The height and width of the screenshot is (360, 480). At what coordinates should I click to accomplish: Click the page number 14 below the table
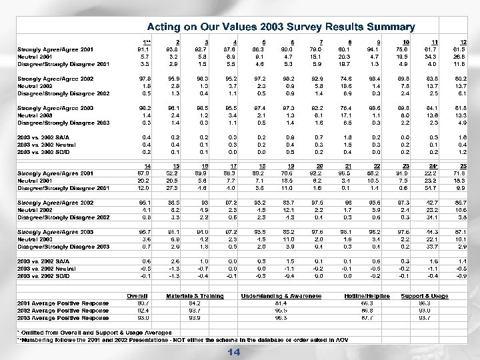[233, 351]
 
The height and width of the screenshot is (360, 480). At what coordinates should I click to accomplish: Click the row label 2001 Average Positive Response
[63, 302]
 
